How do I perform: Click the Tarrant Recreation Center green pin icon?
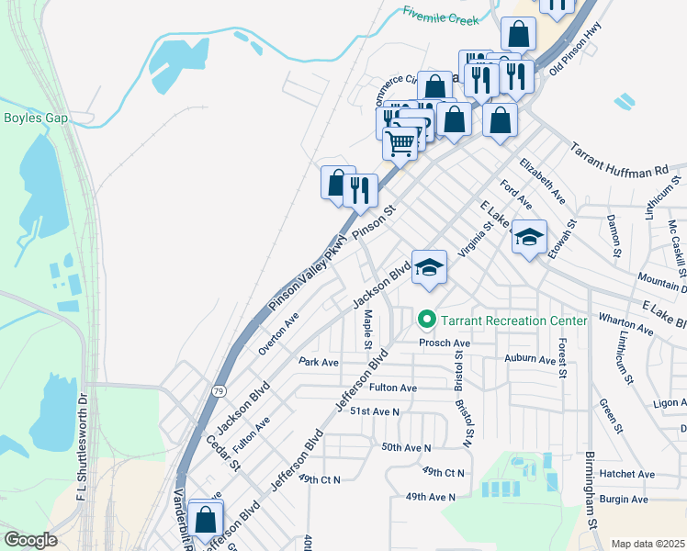[426, 320]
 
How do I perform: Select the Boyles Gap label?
[34, 118]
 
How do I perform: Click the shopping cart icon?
[400, 143]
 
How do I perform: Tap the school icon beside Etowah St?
[529, 238]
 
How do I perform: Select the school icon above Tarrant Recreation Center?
[429, 267]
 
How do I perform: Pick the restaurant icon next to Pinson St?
[361, 190]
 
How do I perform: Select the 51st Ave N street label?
[374, 412]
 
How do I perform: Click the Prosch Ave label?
[445, 343]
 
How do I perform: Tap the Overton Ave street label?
[279, 333]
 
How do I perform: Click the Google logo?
[30, 539]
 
